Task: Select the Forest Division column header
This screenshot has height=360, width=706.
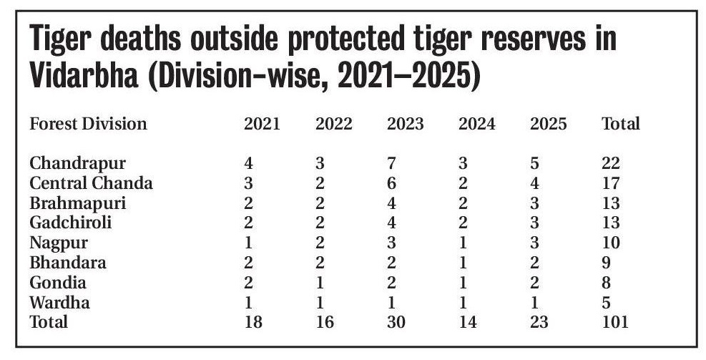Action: tap(88, 124)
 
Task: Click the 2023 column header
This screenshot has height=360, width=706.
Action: tap(405, 124)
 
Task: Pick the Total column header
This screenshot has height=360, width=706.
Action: tap(620, 124)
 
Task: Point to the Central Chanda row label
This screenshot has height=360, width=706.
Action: tap(91, 183)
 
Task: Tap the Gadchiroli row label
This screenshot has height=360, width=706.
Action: tap(70, 223)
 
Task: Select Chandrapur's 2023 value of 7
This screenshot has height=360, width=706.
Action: tap(391, 163)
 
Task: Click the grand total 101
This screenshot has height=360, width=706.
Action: tap(615, 323)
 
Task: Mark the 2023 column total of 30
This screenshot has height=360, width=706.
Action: tap(396, 323)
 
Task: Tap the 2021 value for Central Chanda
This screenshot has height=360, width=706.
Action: tap(248, 183)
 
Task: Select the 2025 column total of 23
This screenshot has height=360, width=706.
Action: tap(539, 323)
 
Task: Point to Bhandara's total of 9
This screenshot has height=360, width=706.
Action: tap(607, 263)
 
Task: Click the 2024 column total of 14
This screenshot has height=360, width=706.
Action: tap(467, 323)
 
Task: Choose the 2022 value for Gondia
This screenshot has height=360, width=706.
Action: tap(320, 283)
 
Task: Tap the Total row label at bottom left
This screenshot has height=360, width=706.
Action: tap(49, 323)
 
